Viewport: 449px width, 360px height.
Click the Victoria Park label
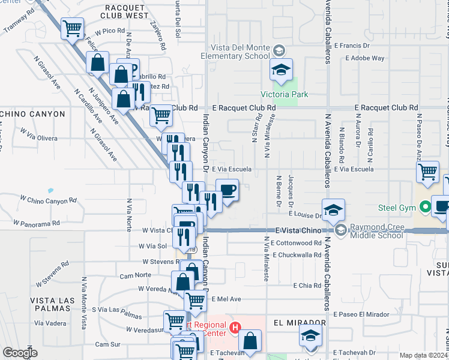(x=283, y=94)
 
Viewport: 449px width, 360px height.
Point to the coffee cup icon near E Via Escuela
(x=227, y=191)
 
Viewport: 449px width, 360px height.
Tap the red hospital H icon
(x=235, y=328)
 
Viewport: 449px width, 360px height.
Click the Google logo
(x=20, y=353)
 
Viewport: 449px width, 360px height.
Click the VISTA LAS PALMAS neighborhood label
(x=53, y=300)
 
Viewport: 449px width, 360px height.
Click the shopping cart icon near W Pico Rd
(x=72, y=28)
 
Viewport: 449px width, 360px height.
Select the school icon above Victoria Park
(x=280, y=70)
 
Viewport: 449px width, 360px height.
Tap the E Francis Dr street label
(x=352, y=45)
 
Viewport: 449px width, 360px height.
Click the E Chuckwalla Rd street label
(x=297, y=255)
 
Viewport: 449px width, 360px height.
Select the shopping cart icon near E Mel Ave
(x=195, y=300)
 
